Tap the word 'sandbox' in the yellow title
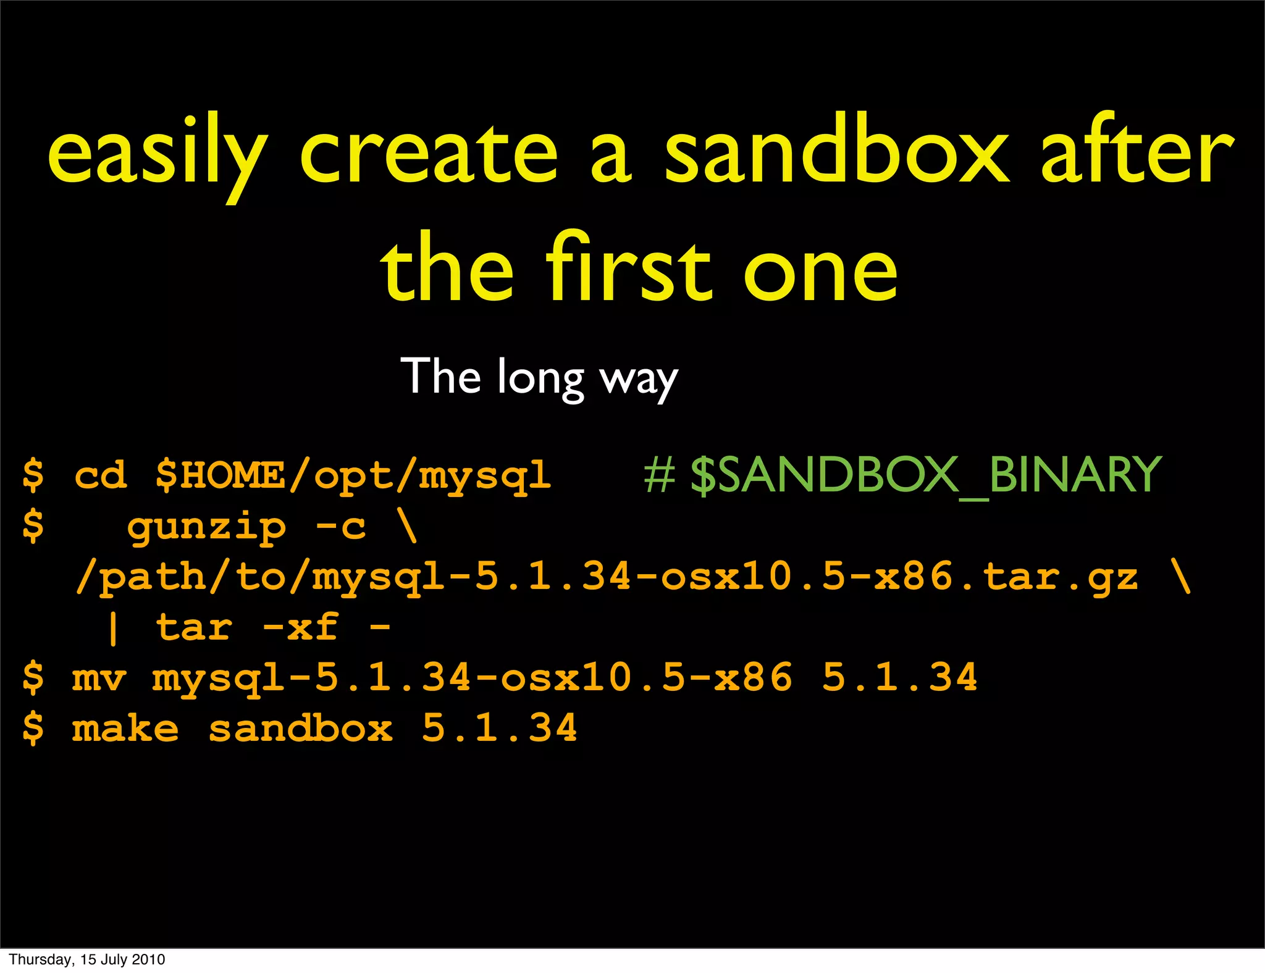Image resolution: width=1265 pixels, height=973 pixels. (836, 151)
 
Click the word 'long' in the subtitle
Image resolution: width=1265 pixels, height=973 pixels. (540, 378)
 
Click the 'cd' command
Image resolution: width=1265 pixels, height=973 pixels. (100, 475)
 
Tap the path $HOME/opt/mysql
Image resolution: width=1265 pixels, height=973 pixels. (353, 476)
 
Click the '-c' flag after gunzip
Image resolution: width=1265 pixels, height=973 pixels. (340, 527)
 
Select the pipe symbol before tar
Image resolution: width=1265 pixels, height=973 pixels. (112, 628)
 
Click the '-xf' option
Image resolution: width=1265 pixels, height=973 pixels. (300, 627)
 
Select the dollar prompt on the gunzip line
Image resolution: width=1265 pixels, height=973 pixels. (33, 527)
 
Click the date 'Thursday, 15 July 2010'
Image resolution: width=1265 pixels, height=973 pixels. (87, 959)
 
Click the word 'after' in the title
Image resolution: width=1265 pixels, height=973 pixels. (1137, 151)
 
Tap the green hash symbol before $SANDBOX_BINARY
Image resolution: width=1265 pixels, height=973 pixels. (659, 475)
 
